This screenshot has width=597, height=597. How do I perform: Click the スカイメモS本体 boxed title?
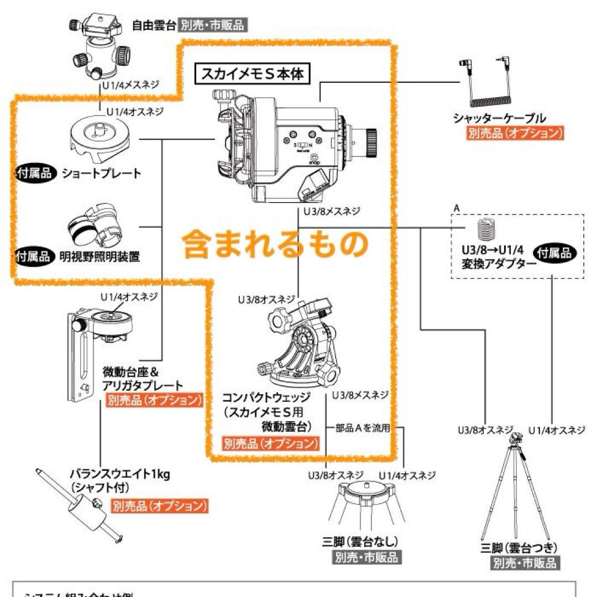pyautogui.click(x=252, y=74)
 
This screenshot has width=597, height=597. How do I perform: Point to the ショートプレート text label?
pyautogui.click(x=101, y=173)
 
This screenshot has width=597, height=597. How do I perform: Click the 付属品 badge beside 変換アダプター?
pyautogui.click(x=554, y=253)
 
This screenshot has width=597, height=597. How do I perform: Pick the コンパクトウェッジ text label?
pyautogui.click(x=266, y=397)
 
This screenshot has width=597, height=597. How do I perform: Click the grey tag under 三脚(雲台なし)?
pyautogui.click(x=366, y=557)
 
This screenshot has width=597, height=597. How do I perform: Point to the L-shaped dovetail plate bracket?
pyautogui.click(x=80, y=354)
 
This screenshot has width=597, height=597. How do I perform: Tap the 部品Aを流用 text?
pyautogui.click(x=363, y=428)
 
